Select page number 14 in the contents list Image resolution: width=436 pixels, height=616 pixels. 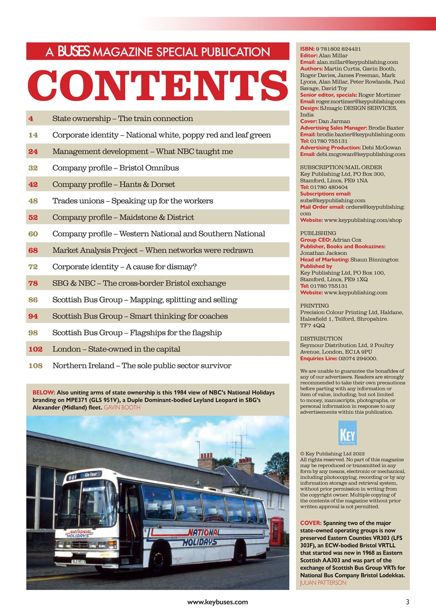tap(33, 135)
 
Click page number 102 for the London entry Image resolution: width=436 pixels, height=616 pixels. tap(35, 349)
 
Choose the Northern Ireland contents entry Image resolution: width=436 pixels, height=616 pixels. tap(141, 366)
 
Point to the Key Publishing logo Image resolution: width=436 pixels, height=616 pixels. tap(347, 433)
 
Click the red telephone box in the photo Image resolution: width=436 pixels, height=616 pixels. tap(276, 531)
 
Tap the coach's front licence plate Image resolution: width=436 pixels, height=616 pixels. tap(79, 561)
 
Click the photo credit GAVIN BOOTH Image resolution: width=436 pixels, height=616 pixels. tap(122, 407)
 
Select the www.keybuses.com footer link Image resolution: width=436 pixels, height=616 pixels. tap(218, 602)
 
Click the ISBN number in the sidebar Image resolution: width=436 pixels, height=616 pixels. tap(338, 49)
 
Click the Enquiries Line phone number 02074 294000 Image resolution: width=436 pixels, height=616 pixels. tap(355, 359)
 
